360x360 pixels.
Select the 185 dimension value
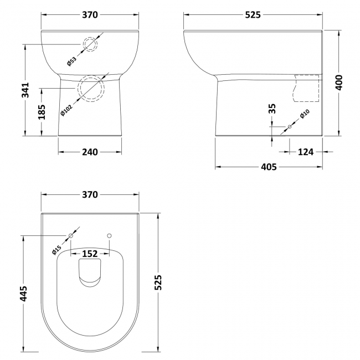[x=42, y=112]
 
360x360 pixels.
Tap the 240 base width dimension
[x=90, y=152]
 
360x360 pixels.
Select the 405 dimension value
[x=269, y=167]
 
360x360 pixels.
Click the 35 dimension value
[x=272, y=109]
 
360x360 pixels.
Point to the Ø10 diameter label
[x=304, y=115]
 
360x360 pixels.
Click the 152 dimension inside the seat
[x=90, y=254]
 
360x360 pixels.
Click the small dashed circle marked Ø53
[x=90, y=45]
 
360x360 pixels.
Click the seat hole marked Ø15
[x=71, y=236]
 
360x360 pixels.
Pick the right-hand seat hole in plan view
[x=109, y=236]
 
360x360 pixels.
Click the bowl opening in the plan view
[x=90, y=275]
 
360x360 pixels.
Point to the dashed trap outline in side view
[x=306, y=88]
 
